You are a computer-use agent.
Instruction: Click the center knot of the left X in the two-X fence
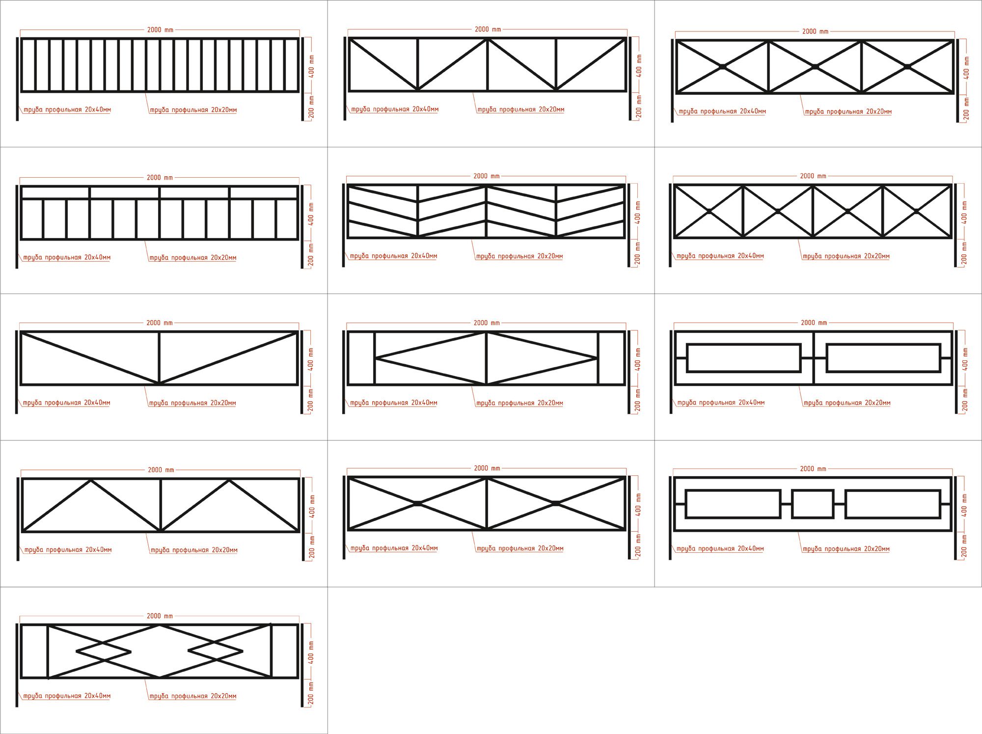click(x=417, y=503)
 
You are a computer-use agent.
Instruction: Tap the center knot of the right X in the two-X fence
click(x=556, y=503)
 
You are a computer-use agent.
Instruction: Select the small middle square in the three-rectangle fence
click(x=813, y=504)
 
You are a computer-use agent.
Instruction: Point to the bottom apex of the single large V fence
click(x=159, y=382)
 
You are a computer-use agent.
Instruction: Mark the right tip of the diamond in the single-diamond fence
click(x=597, y=358)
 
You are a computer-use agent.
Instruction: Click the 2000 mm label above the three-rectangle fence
click(x=813, y=469)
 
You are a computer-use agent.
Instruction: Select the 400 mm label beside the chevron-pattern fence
click(x=637, y=212)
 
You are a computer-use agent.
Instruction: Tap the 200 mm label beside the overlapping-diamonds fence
click(x=310, y=693)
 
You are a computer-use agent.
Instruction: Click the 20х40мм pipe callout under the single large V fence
click(x=66, y=403)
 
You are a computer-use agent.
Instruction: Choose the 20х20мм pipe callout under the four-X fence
click(x=846, y=256)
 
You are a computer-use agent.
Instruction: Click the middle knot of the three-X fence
click(x=815, y=67)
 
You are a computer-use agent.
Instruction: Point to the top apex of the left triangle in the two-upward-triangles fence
click(x=91, y=480)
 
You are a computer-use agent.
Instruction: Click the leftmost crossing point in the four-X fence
click(x=709, y=211)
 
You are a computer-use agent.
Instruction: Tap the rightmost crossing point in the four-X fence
click(x=917, y=211)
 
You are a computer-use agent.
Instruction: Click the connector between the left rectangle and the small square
click(x=786, y=504)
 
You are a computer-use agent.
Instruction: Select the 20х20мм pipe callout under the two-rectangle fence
click(x=847, y=403)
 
